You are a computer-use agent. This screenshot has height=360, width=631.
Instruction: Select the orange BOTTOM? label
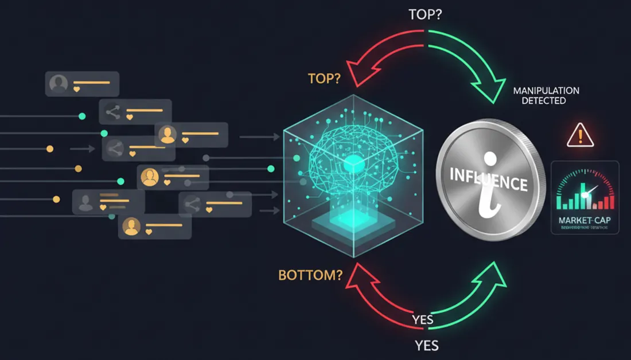coord(310,275)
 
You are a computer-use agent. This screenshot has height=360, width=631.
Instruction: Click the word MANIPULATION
coord(546,91)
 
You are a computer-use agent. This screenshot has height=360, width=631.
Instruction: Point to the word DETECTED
coord(543,101)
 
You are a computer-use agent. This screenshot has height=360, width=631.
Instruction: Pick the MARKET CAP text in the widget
coord(585,220)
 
